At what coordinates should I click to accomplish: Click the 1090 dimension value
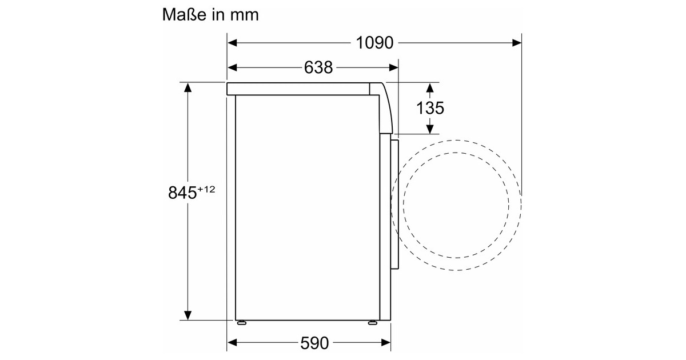(374, 43)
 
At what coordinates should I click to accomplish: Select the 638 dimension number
(318, 67)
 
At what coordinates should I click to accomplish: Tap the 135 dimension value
(430, 108)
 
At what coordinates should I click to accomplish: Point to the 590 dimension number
(314, 343)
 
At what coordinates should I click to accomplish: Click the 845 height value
(182, 193)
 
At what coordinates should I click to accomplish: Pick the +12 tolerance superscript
(206, 189)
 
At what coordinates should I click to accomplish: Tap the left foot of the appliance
(242, 322)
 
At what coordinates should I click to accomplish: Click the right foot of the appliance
(372, 322)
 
